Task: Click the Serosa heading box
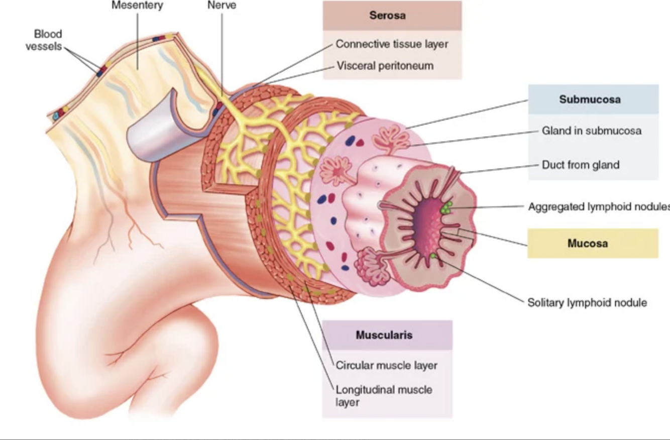tap(392, 15)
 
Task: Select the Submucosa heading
tap(593, 99)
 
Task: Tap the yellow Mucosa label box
tap(592, 244)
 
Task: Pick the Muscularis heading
tap(387, 335)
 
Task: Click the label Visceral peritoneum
tap(385, 66)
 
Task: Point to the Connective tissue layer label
tap(392, 44)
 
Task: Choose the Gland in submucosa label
tap(591, 131)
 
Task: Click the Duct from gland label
tap(580, 165)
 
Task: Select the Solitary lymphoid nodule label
tap(587, 302)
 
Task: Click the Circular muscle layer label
tap(386, 365)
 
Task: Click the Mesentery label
tap(137, 6)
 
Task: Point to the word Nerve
tap(221, 6)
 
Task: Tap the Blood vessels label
tap(48, 40)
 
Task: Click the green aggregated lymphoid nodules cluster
tap(445, 207)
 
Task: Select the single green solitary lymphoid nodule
tap(432, 257)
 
